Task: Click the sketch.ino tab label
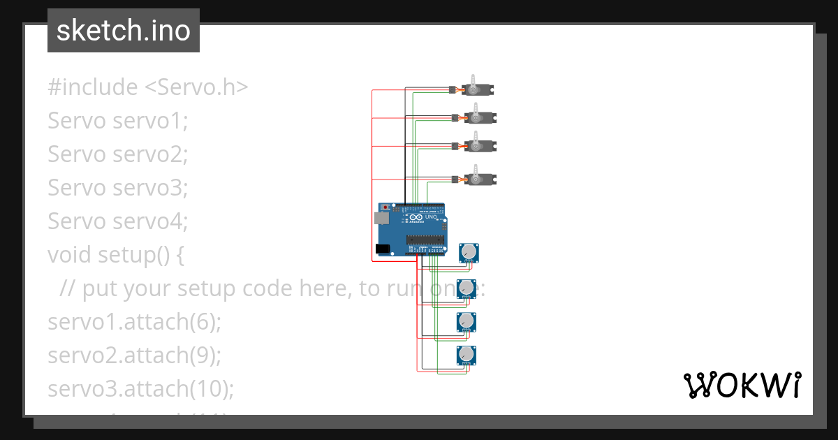click(123, 31)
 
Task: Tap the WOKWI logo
click(741, 385)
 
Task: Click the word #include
click(93, 87)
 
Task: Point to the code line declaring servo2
click(118, 154)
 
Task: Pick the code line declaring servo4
click(118, 221)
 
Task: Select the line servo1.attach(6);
click(134, 322)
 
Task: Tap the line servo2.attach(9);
click(134, 355)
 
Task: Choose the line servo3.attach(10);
click(140, 389)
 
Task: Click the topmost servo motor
click(477, 89)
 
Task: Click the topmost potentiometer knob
click(469, 251)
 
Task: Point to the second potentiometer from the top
click(466, 287)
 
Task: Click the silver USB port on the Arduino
click(381, 219)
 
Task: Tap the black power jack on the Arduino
click(383, 249)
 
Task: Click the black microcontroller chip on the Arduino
click(425, 240)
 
